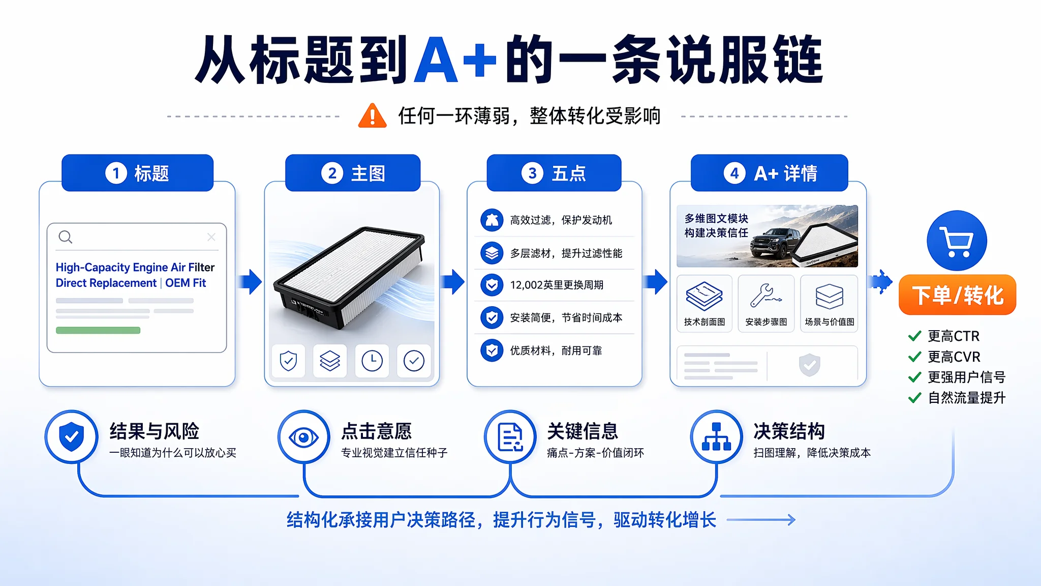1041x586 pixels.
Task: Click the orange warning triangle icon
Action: pos(373,115)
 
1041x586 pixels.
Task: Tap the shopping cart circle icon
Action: pos(957,241)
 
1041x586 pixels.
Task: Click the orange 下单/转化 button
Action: pos(957,295)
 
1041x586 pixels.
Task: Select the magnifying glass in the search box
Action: pos(66,237)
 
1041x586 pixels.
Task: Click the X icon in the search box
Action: pos(211,237)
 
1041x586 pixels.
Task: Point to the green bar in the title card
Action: pos(98,330)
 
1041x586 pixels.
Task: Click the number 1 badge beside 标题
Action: pos(116,173)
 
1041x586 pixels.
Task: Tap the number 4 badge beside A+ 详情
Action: pos(734,173)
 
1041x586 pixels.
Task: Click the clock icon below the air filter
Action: pos(372,361)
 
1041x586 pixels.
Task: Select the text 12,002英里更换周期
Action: pos(557,285)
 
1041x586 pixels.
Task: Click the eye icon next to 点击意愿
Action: pos(304,437)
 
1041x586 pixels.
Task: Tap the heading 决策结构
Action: pos(789,431)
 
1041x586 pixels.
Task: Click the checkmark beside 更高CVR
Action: pos(915,357)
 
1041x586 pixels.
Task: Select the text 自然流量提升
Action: pos(967,398)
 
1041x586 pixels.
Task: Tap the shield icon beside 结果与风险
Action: pos(72,436)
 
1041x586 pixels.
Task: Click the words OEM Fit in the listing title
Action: pos(186,283)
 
